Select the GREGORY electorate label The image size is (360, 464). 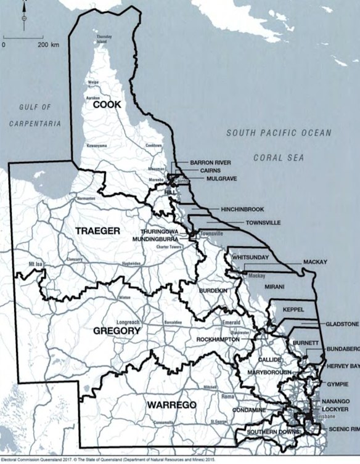(x=117, y=331)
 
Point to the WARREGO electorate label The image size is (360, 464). (x=171, y=405)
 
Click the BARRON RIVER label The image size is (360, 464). (x=210, y=163)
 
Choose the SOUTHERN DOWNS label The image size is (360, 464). (x=258, y=432)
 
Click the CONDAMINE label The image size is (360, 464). (x=249, y=410)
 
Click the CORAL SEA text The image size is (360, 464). (x=279, y=158)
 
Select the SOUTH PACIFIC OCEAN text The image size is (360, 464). (x=279, y=132)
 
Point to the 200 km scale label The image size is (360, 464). (x=48, y=45)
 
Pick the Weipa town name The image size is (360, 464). (x=93, y=82)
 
